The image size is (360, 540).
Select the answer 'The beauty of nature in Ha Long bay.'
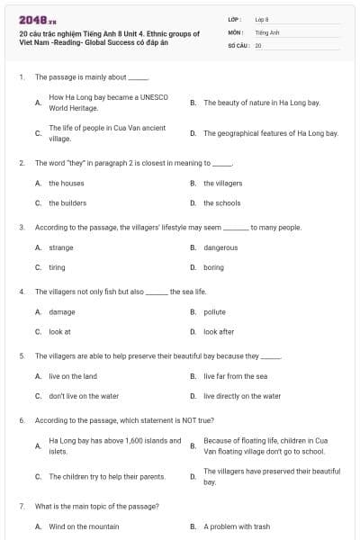pos(261,103)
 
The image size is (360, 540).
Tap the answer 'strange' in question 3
pos(61,247)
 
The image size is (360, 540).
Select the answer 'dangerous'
pos(220,247)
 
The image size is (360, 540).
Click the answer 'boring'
pos(213,267)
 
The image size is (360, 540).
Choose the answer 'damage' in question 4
pos(62,311)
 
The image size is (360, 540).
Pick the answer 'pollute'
pos(214,311)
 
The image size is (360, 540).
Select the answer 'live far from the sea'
pos(235,375)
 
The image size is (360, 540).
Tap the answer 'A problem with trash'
pos(236,526)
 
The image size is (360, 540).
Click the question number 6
pos(22,419)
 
